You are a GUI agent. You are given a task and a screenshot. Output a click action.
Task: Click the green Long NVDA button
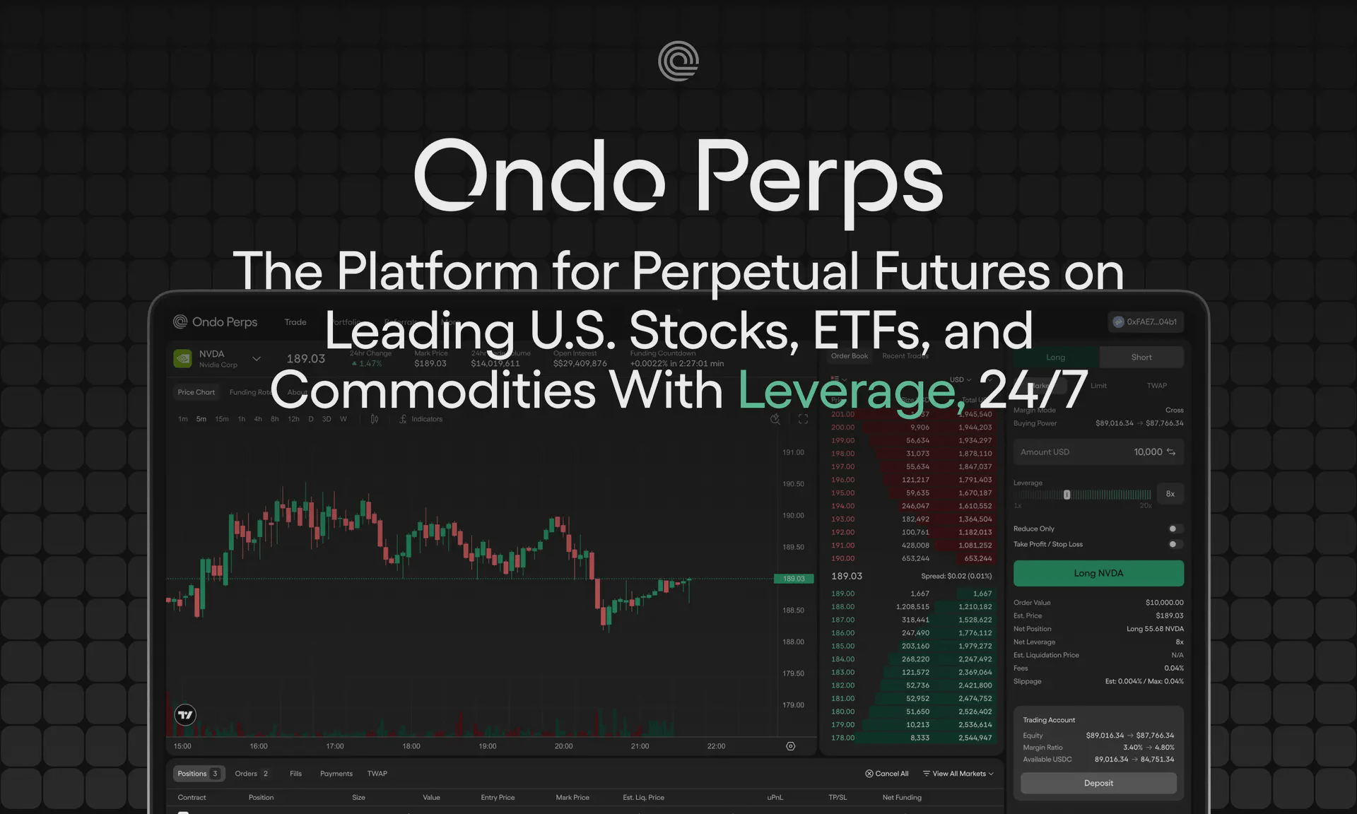[1098, 573]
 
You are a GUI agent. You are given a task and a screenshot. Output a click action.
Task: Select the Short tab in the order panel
[1141, 358]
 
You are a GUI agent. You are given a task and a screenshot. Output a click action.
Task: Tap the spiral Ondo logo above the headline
[678, 61]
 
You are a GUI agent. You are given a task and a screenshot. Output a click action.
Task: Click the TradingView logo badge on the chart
[185, 714]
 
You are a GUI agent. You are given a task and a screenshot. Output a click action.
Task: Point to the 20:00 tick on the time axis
[563, 746]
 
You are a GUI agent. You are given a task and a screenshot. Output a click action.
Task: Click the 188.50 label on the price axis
[793, 610]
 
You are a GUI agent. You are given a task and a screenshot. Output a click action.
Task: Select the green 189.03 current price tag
[794, 579]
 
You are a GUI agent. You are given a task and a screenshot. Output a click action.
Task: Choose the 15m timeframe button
[221, 419]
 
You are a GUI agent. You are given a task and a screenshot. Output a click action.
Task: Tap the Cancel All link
[887, 774]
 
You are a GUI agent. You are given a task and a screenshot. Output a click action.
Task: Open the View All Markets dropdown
[958, 774]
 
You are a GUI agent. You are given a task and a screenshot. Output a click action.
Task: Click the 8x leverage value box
[1170, 494]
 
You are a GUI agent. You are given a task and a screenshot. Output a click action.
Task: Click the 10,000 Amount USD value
[1148, 452]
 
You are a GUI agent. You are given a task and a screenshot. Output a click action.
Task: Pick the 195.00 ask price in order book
[842, 493]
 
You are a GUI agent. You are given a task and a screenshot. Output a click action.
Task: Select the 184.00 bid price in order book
[842, 659]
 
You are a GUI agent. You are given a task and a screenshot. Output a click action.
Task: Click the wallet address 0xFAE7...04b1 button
[1146, 322]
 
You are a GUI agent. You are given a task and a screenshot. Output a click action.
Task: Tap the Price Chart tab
[196, 392]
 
